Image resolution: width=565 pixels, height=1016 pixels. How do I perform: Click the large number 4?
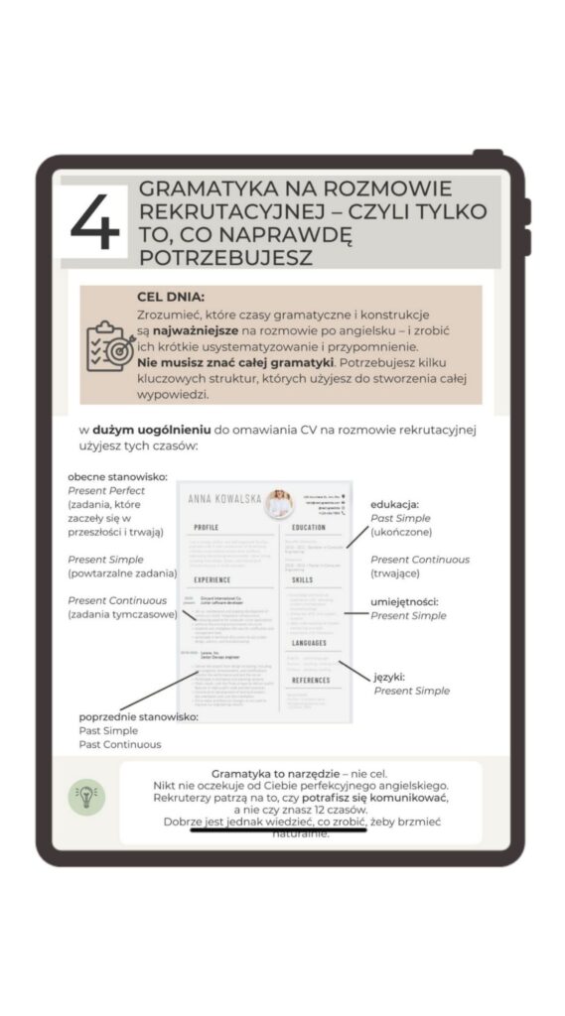[95, 220]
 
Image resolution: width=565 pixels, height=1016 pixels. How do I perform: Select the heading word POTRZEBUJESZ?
[226, 257]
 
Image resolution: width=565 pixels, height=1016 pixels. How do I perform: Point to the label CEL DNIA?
[171, 297]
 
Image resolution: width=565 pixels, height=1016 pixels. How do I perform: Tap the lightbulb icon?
[86, 797]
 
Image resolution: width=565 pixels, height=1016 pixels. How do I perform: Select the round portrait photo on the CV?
[278, 502]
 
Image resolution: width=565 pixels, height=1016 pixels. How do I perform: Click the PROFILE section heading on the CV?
[207, 528]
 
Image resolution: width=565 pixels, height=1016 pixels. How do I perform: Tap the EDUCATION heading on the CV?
[309, 528]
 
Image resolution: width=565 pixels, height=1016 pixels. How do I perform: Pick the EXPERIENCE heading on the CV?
[212, 579]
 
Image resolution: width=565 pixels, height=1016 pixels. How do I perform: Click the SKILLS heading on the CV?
[304, 579]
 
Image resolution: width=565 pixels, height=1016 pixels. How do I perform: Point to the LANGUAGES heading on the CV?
[312, 644]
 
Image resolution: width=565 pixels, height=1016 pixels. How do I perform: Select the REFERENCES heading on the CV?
[311, 681]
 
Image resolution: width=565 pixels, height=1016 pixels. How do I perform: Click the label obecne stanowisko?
[117, 477]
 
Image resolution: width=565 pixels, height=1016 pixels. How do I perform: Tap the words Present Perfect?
[106, 491]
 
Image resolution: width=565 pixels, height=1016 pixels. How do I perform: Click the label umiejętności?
[404, 602]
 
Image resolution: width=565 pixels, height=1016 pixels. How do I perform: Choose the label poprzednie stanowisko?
[138, 717]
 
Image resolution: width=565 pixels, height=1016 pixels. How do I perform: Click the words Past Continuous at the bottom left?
[120, 744]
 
